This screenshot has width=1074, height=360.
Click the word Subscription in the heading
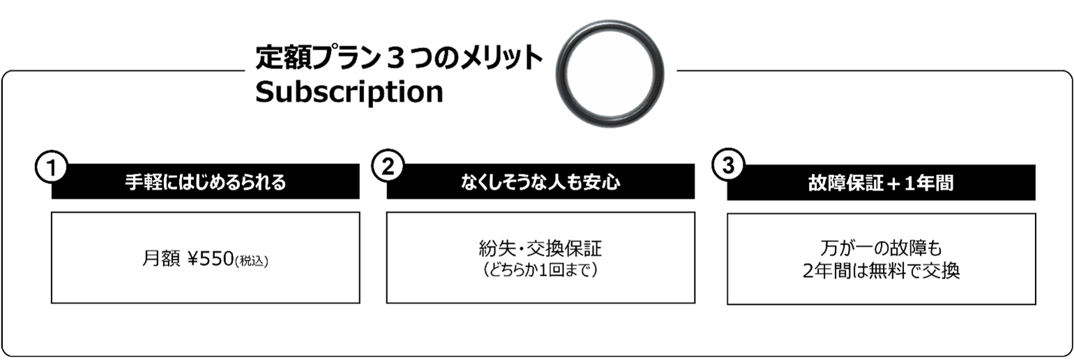coord(349,91)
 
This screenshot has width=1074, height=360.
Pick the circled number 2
coord(388,167)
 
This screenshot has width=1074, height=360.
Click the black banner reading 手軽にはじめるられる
coord(206,183)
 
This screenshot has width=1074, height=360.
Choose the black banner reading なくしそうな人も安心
coord(540,183)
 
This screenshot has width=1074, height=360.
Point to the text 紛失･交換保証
coord(540,250)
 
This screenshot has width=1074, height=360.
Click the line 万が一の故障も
coord(881,248)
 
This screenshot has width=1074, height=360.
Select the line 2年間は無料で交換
coord(881,271)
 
